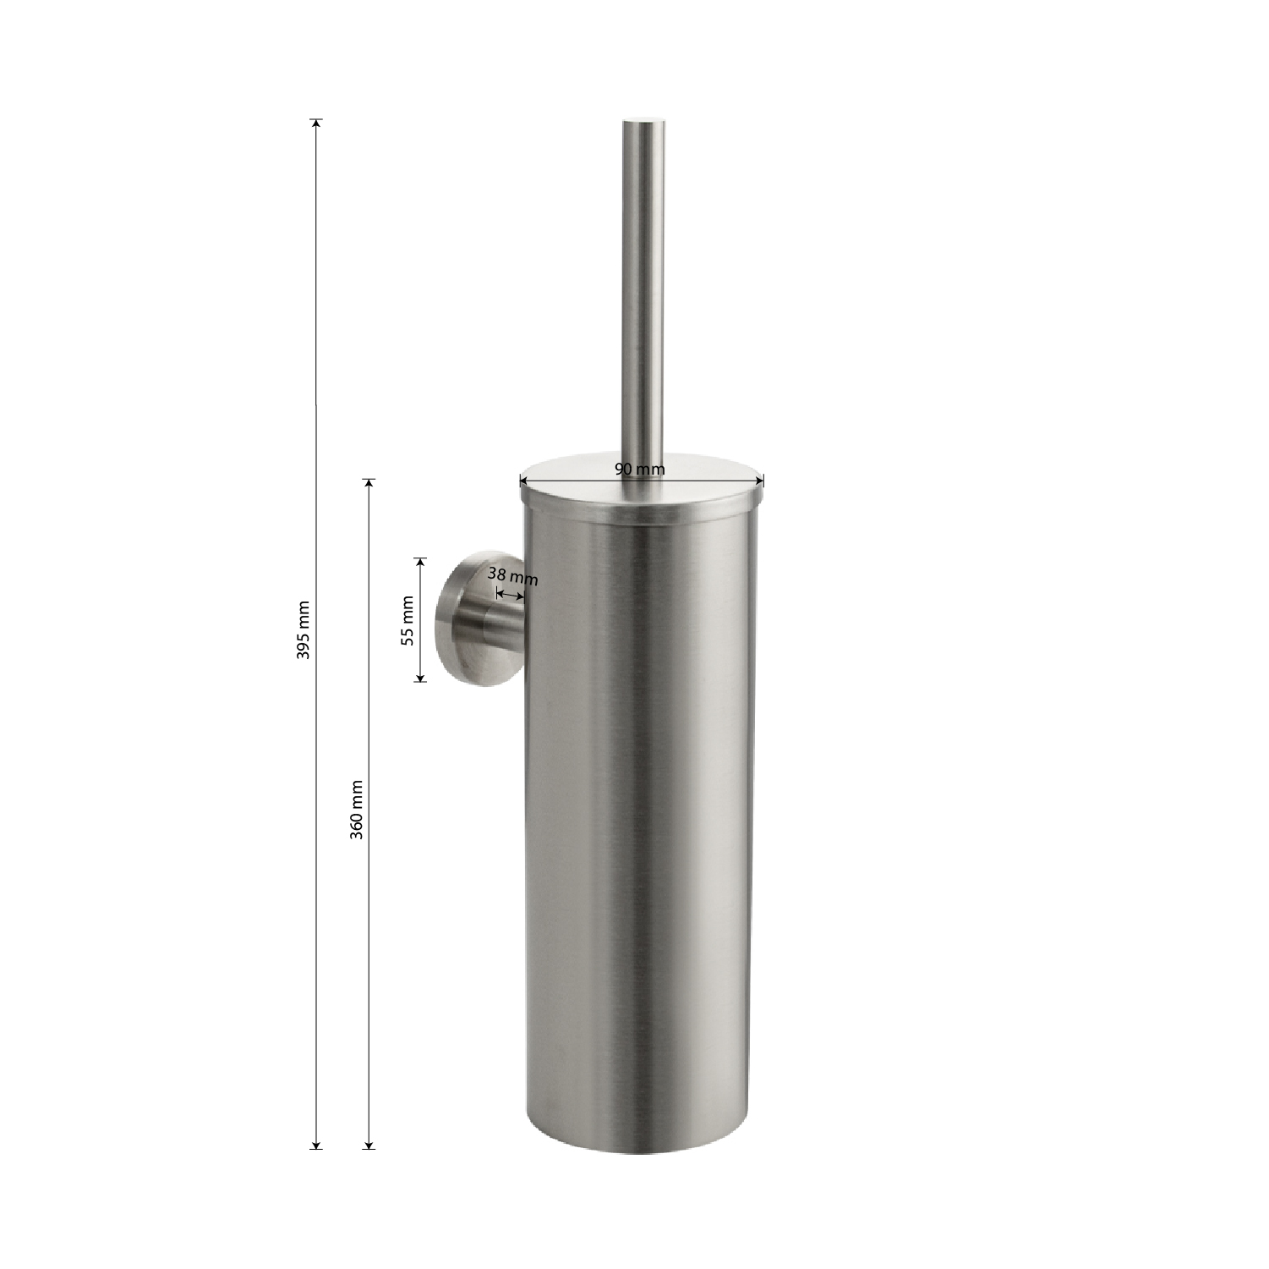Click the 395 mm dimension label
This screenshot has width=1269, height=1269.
click(305, 629)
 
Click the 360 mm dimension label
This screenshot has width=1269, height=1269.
click(357, 810)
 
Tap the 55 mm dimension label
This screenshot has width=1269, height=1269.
click(408, 621)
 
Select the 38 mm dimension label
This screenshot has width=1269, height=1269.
click(513, 577)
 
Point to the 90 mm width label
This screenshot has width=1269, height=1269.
click(640, 469)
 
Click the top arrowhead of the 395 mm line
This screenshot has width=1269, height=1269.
click(316, 124)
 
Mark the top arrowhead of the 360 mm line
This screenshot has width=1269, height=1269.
click(368, 484)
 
